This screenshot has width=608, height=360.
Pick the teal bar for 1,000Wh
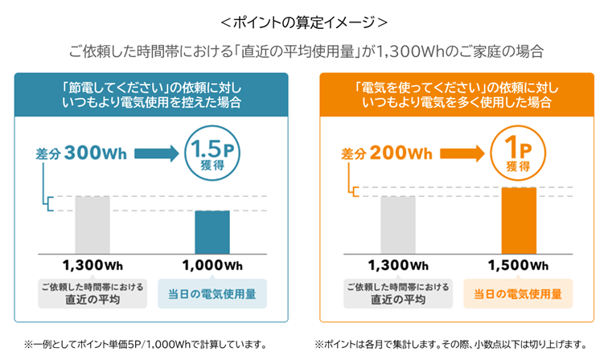(212, 231)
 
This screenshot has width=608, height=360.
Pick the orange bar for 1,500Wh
(518, 221)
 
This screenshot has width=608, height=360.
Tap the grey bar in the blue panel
(92, 225)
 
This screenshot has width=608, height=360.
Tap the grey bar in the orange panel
(398, 225)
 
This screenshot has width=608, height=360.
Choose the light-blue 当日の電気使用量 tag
(212, 293)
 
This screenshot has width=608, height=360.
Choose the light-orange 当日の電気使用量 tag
(518, 293)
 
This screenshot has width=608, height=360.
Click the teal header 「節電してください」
(151, 94)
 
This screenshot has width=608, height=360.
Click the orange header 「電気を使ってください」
(457, 94)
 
